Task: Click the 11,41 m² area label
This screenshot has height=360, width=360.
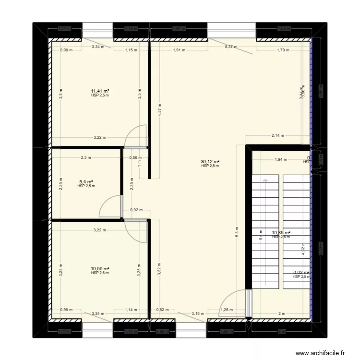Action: click(100, 91)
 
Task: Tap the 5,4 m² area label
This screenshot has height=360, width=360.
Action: click(86, 182)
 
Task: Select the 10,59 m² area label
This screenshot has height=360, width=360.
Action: click(100, 269)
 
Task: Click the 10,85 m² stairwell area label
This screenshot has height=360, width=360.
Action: click(281, 233)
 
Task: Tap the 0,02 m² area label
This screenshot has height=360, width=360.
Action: click(302, 273)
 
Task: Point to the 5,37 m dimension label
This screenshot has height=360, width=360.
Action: click(232, 47)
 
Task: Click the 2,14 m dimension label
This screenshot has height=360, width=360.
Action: click(277, 135)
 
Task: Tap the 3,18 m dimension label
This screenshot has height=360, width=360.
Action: click(196, 314)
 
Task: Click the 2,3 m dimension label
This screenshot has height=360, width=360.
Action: click(86, 157)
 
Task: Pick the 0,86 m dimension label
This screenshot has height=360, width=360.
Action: click(135, 157)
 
